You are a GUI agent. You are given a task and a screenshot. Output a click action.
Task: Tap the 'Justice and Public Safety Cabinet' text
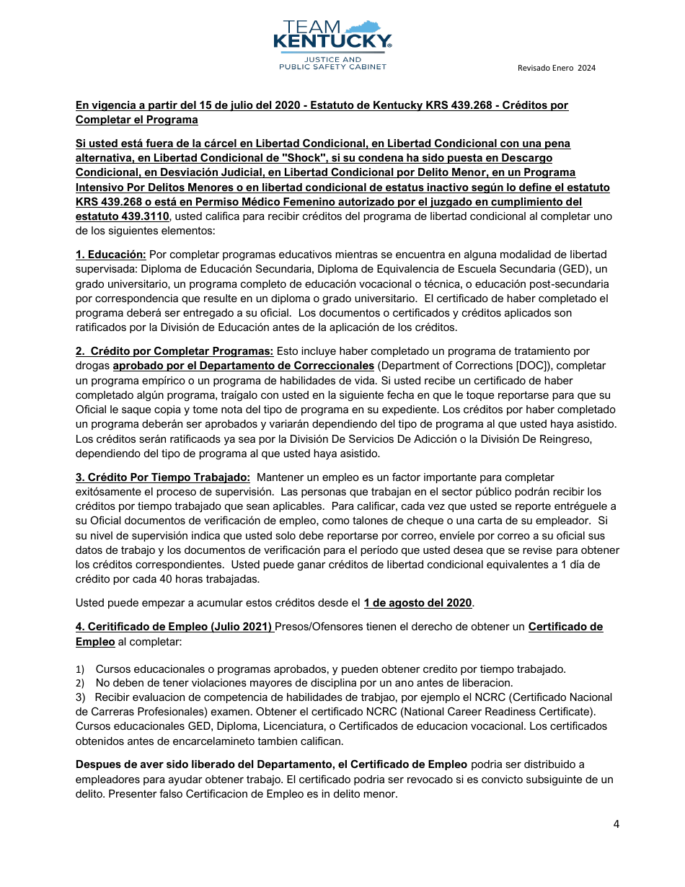(332, 63)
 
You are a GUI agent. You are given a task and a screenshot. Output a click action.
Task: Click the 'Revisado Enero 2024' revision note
(556, 68)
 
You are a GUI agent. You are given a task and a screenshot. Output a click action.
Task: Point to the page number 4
(616, 824)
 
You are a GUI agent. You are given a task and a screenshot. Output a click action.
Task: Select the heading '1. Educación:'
(111, 255)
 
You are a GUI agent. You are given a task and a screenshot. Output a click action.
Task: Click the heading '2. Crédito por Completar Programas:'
(174, 351)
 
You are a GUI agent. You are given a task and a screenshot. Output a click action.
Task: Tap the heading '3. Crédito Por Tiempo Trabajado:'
(163, 477)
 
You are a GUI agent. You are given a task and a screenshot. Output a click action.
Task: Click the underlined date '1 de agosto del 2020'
(417, 603)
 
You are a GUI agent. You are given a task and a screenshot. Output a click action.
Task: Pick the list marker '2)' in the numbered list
(80, 683)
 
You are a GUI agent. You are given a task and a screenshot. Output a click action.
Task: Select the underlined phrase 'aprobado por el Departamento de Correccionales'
(244, 366)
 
